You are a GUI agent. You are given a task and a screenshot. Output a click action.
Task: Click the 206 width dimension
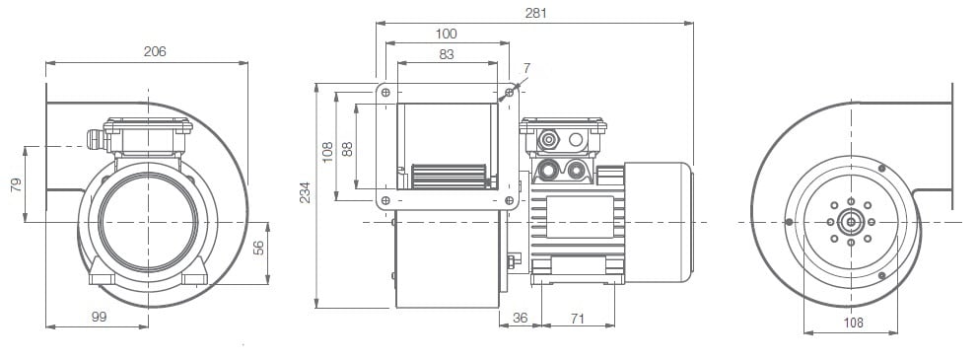155,51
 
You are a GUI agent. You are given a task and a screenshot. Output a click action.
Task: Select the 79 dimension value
17,184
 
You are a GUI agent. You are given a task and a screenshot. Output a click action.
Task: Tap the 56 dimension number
258,248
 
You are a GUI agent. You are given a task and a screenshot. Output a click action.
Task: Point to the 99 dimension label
99,317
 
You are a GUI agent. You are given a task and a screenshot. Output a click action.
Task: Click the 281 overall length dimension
535,13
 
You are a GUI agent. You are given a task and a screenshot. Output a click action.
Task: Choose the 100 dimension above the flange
447,34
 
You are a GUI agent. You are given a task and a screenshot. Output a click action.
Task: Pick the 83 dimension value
447,54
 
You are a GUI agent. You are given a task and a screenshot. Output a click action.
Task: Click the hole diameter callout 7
526,68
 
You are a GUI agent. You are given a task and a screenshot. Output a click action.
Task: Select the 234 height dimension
305,192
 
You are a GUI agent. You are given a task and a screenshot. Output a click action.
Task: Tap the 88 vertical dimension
348,149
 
